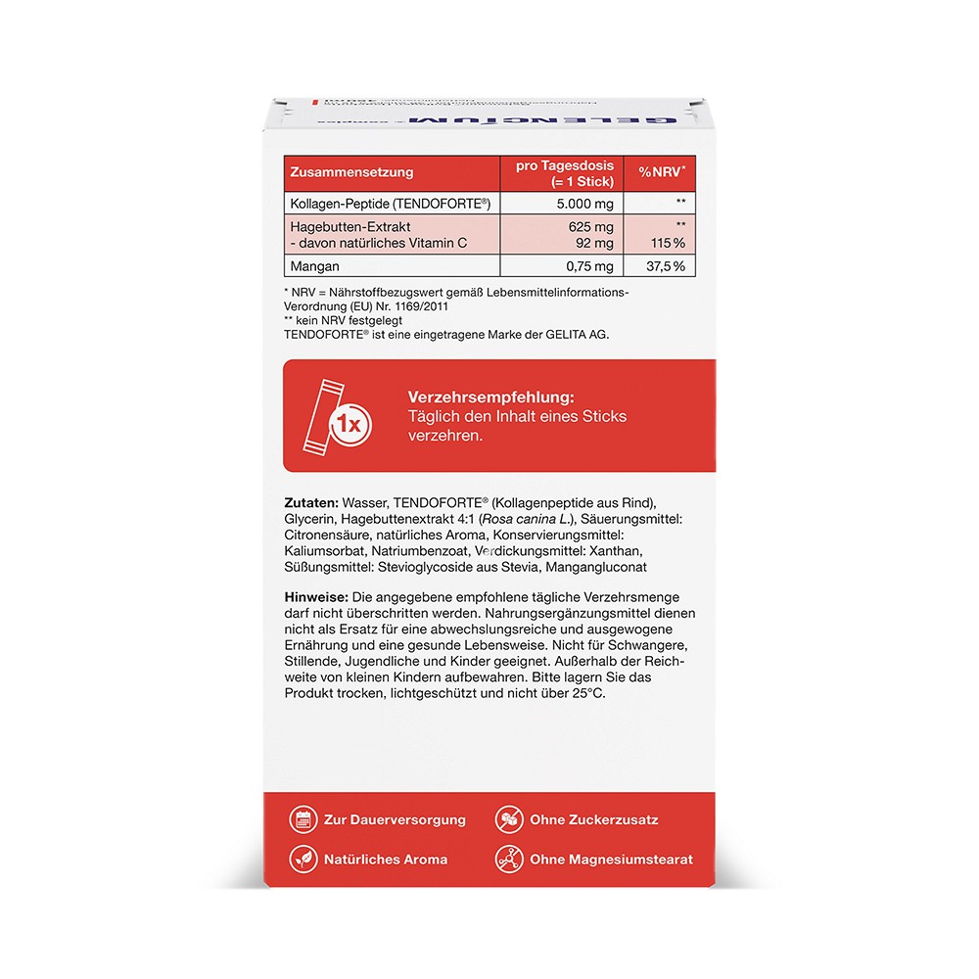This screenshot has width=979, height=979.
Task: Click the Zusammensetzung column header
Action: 350,172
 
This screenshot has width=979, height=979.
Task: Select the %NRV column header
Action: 662,172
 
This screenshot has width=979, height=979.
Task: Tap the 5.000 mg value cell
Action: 585,204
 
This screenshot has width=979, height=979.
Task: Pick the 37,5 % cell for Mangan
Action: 664,266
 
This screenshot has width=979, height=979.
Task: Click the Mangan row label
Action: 314,266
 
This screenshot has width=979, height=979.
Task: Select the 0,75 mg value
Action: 590,266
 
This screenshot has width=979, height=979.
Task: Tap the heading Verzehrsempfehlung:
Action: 489,397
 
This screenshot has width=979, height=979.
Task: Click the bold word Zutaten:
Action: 312,501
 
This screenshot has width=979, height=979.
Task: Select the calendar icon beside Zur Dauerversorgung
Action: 303,819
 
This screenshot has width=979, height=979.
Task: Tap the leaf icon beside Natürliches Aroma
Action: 303,859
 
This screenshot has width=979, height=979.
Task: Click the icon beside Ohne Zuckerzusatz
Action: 508,819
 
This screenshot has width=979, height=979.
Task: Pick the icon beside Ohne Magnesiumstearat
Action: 508,859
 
